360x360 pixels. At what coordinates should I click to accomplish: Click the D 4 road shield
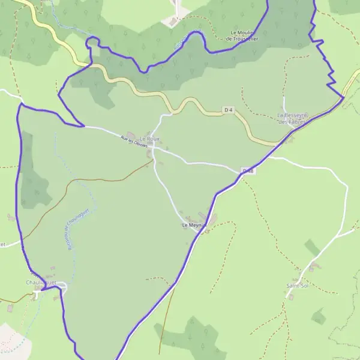pyautogui.click(x=228, y=110)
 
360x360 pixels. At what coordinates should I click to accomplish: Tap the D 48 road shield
pyautogui.click(x=248, y=171)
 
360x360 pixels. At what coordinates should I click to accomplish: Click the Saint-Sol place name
pyautogui.click(x=297, y=286)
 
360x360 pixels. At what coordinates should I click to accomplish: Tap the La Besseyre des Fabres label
pyautogui.click(x=292, y=118)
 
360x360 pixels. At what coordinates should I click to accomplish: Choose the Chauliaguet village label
pyautogui.click(x=41, y=282)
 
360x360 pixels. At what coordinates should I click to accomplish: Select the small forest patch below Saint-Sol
pyautogui.click(x=318, y=316)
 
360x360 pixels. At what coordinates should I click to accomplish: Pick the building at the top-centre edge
pyautogui.click(x=173, y=22)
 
